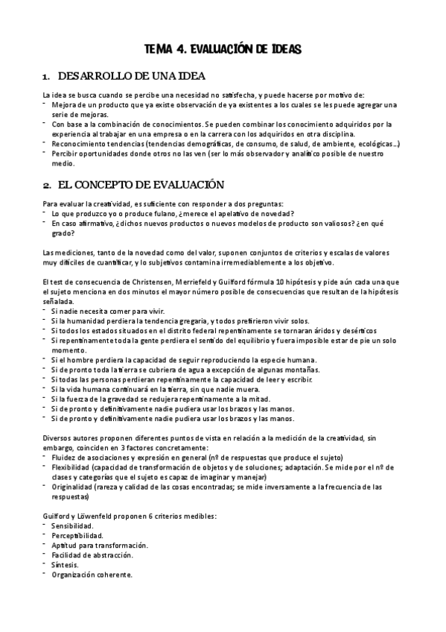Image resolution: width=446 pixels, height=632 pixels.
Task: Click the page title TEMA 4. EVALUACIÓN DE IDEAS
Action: (x=223, y=49)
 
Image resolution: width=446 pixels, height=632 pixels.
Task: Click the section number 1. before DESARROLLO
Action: (x=46, y=78)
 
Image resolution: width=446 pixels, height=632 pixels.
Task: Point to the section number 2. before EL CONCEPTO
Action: (x=46, y=185)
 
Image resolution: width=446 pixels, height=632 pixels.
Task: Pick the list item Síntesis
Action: (x=66, y=565)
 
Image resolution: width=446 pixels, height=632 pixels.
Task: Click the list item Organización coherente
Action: (x=92, y=575)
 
